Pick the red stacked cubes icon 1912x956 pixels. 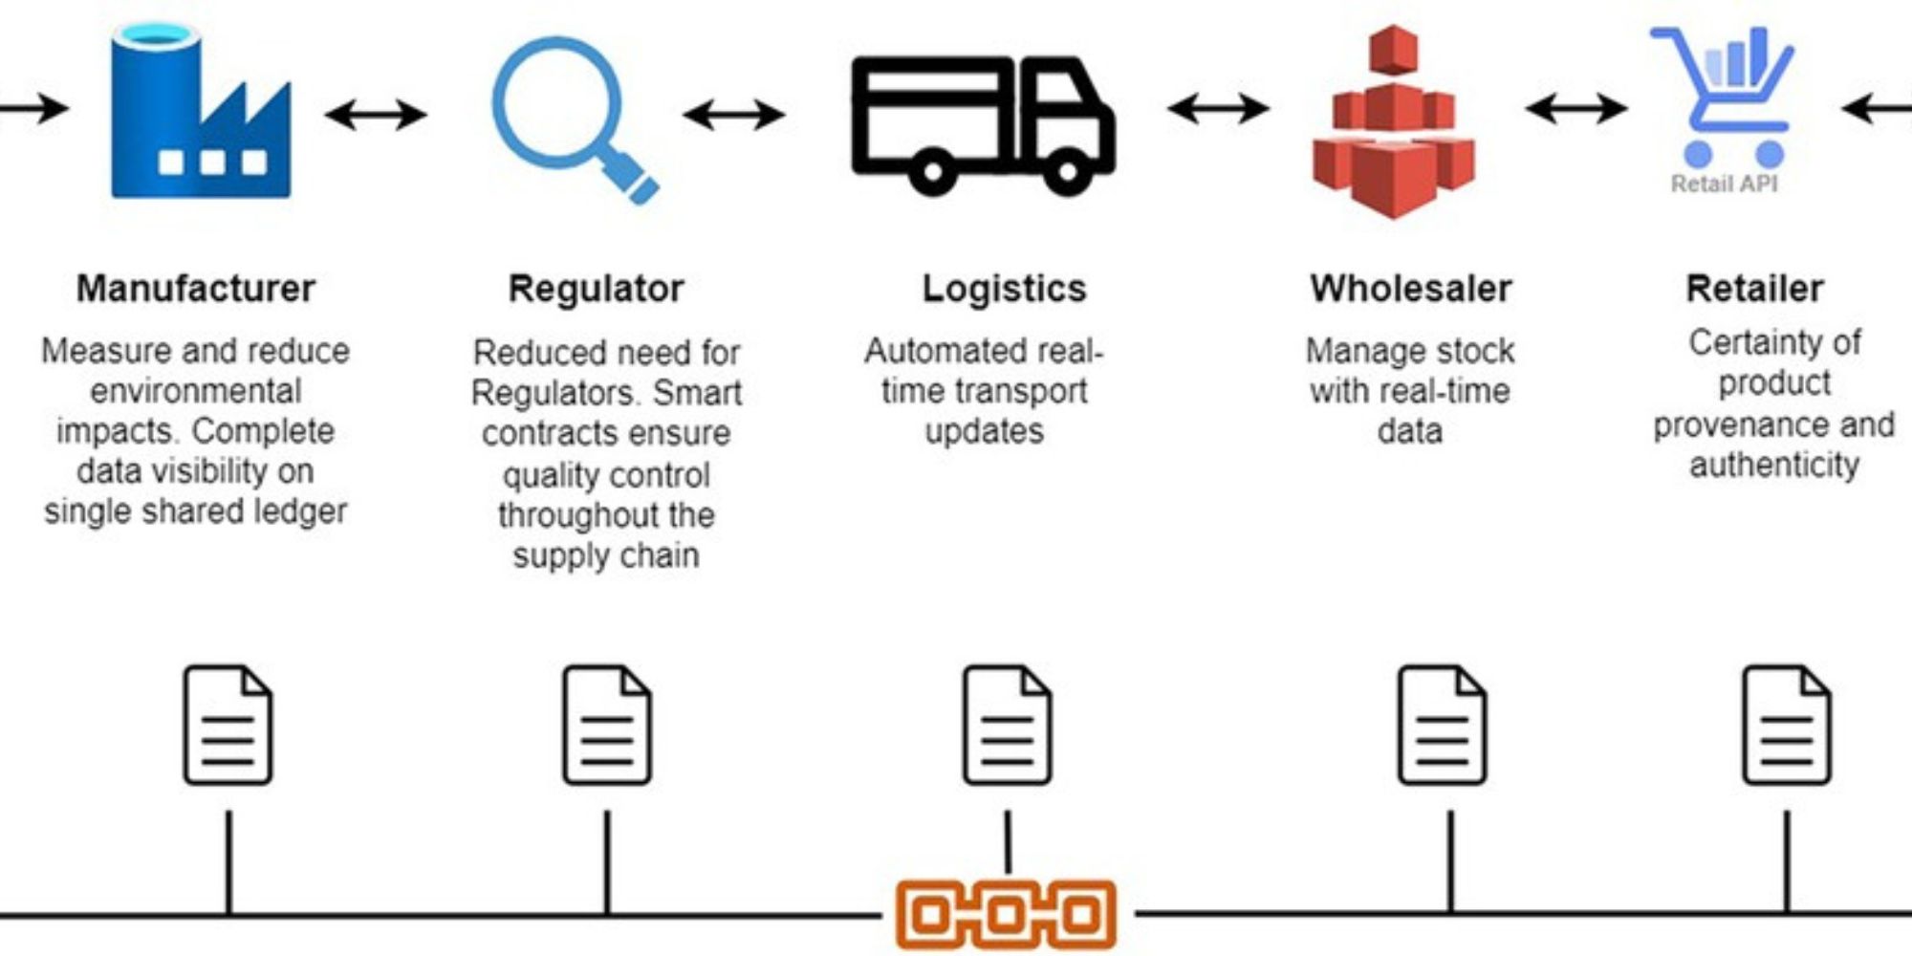1393,124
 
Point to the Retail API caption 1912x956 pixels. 1724,184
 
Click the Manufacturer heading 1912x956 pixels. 196,289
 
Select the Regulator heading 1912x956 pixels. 596,289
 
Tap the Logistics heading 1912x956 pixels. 1004,289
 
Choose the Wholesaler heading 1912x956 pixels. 1411,289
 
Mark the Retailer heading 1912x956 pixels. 1754,289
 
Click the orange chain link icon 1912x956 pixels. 1006,914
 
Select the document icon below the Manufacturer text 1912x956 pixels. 228,725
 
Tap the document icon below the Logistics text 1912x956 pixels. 1007,725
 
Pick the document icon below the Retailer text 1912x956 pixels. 1786,725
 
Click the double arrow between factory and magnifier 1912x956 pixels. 376,115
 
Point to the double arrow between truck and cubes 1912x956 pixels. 1218,108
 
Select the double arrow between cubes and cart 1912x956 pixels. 1575,108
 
